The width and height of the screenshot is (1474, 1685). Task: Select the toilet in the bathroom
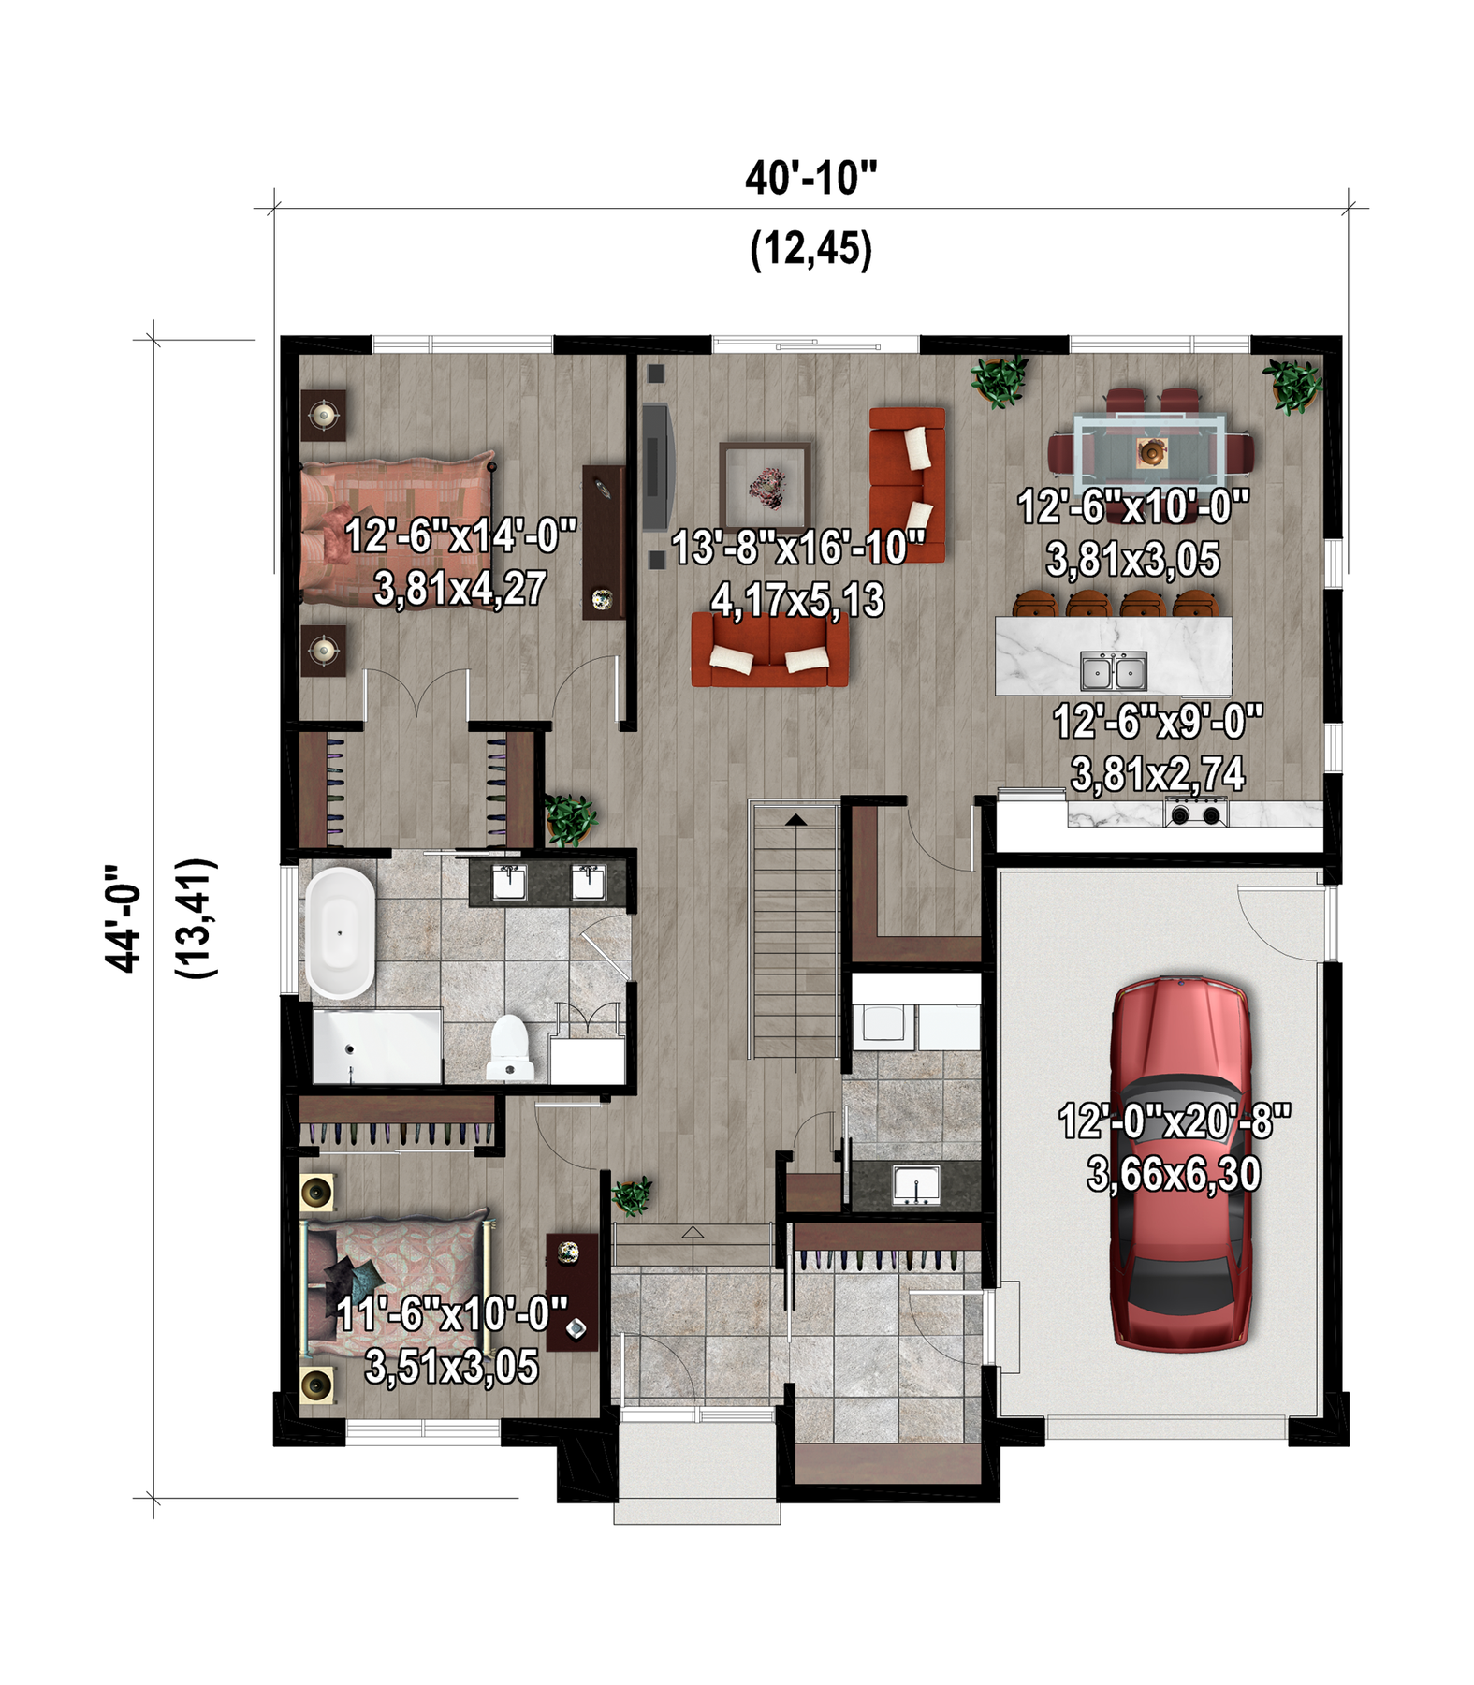click(x=510, y=1048)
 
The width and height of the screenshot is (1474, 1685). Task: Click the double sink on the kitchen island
click(x=1114, y=670)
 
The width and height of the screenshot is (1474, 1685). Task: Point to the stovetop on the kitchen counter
click(x=1197, y=812)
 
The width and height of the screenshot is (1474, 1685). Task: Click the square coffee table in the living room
click(x=765, y=488)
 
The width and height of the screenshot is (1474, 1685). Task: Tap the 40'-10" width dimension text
click(x=811, y=178)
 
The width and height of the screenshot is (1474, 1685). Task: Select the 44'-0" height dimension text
click(x=123, y=918)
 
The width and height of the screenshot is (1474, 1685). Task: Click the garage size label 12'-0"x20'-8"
click(x=1175, y=1121)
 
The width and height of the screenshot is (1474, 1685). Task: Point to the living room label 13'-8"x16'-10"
click(x=798, y=548)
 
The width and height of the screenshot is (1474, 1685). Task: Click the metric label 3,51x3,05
click(x=452, y=1367)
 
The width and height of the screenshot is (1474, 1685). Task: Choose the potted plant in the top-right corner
click(x=1292, y=386)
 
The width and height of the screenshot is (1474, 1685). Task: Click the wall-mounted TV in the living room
click(x=656, y=466)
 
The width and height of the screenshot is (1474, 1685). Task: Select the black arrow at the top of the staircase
click(x=795, y=820)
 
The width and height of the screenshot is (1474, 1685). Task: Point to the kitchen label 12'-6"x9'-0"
click(x=1159, y=722)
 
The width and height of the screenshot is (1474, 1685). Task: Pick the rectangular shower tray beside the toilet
click(x=376, y=1046)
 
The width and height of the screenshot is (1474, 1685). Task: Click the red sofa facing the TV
click(x=907, y=484)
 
